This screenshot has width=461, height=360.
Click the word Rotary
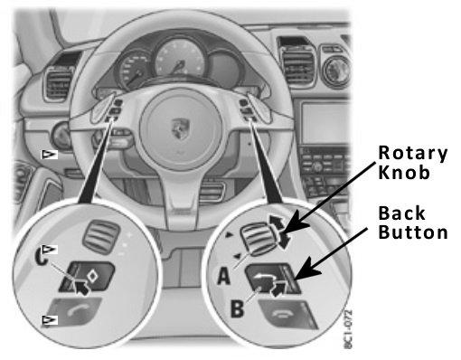(412, 154)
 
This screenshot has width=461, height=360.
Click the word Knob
(404, 173)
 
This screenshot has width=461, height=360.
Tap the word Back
(401, 213)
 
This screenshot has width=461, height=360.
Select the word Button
(413, 232)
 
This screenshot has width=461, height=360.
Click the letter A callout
(223, 276)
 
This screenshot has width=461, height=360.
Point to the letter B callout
(237, 308)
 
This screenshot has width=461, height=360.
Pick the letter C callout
(42, 257)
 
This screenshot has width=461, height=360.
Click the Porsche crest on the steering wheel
(180, 128)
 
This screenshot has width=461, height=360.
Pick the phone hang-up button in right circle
(287, 315)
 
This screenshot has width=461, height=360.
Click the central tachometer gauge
(180, 58)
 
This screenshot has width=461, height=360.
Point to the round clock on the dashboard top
(336, 71)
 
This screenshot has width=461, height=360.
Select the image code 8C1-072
(348, 329)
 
